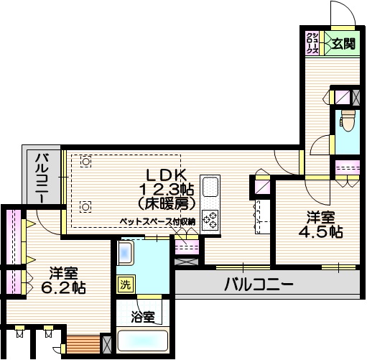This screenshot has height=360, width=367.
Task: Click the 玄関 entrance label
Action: [343, 44]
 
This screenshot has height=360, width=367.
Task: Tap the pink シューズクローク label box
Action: [312, 43]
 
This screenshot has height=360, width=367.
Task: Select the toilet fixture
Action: [348, 121]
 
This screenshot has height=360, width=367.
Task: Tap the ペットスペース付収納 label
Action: [157, 223]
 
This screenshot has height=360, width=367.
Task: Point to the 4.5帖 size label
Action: [321, 231]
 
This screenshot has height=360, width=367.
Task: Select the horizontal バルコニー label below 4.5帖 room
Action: [259, 284]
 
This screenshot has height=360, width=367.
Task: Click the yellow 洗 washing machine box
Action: [126, 284]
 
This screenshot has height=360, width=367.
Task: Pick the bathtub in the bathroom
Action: [142, 342]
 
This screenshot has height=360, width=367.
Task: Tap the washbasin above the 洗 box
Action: [126, 254]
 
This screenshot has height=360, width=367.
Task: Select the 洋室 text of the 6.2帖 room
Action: [64, 273]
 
